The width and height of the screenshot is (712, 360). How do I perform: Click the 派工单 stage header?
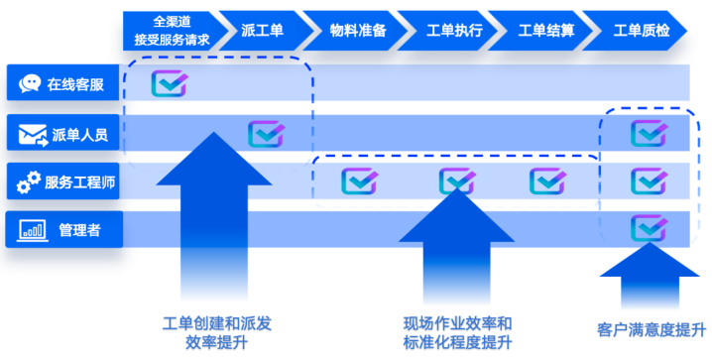point(262,31)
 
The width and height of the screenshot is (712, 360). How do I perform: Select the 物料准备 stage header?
point(357,31)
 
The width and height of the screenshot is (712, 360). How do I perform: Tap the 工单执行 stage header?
point(453,31)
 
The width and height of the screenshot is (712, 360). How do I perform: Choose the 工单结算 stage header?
point(545,31)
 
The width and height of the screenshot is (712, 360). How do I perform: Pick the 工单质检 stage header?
point(642,31)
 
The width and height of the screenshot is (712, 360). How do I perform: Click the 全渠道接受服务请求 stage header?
point(172,31)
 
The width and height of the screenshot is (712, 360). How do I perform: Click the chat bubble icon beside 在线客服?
point(31,83)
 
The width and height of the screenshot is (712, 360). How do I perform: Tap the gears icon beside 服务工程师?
point(28,181)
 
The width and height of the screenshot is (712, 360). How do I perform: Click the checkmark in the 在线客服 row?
point(170,83)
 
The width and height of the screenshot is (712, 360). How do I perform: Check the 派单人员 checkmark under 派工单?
point(266,133)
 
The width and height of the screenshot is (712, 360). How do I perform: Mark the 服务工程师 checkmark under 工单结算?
point(547,180)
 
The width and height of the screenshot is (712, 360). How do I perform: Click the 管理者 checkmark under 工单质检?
point(649,228)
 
